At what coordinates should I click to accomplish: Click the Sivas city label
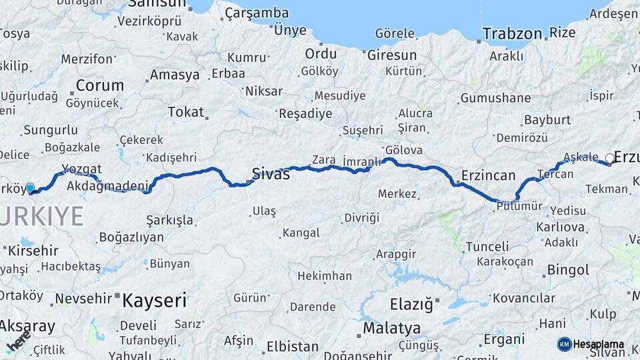click(x=271, y=175)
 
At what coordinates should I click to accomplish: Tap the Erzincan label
click(x=488, y=176)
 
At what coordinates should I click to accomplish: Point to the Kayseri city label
click(x=154, y=300)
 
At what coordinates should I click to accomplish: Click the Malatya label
click(x=392, y=328)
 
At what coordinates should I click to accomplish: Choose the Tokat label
click(x=186, y=111)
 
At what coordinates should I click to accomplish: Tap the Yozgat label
click(x=81, y=169)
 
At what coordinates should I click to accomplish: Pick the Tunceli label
click(x=487, y=247)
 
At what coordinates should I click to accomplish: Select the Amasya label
click(x=175, y=75)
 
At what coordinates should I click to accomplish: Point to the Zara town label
click(x=323, y=160)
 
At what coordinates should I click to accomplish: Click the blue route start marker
click(x=30, y=188)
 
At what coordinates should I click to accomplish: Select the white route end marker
click(x=609, y=159)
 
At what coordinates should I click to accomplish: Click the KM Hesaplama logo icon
click(x=565, y=344)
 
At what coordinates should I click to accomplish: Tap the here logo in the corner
click(x=17, y=341)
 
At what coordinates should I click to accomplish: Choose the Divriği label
click(x=361, y=218)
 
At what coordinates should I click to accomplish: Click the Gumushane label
click(x=495, y=98)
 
